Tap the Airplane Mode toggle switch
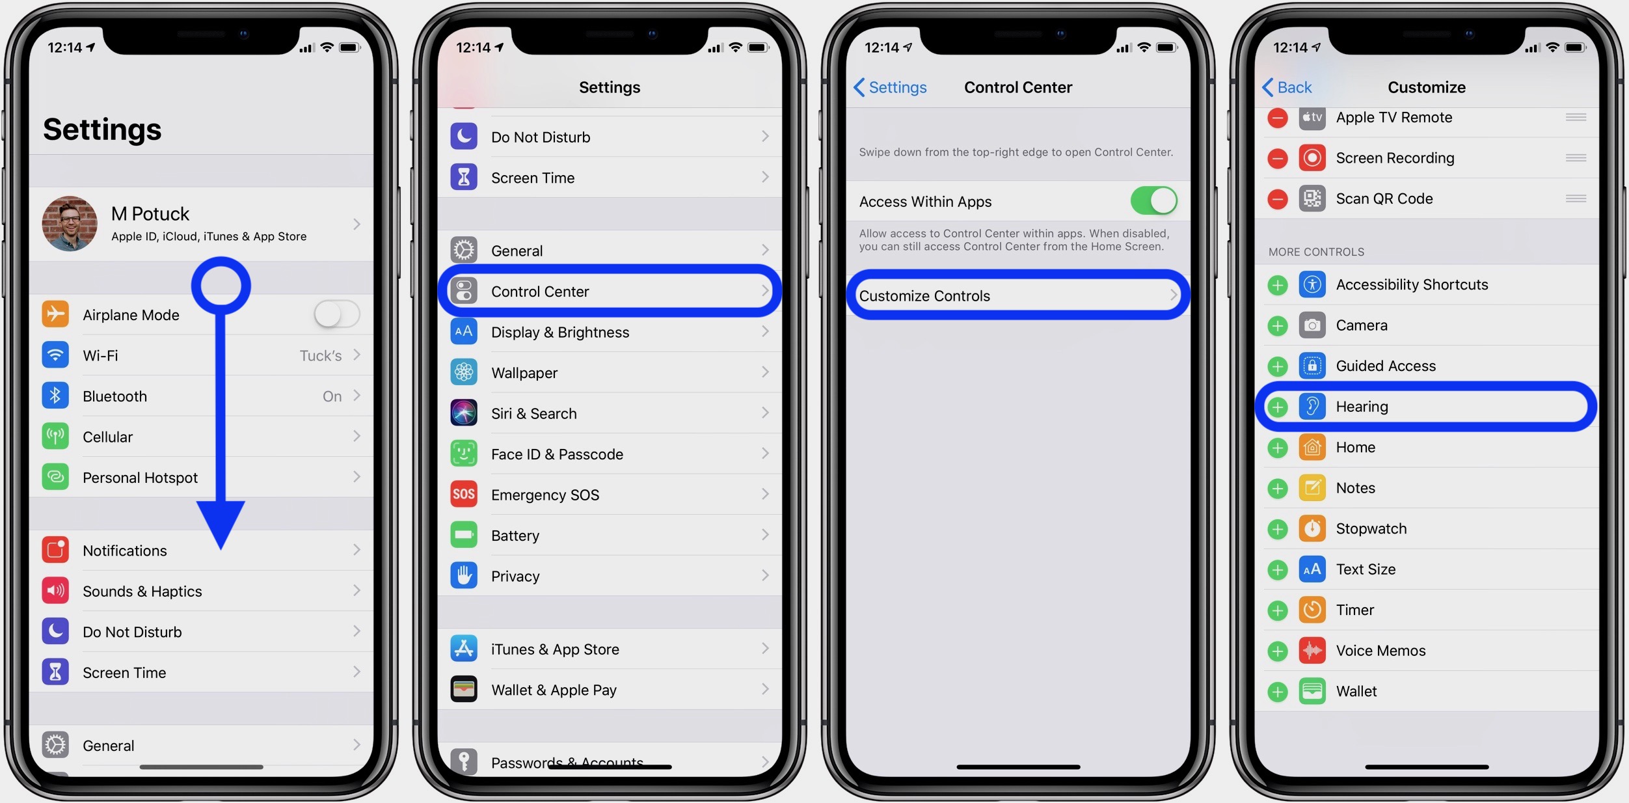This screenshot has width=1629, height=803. coord(336,315)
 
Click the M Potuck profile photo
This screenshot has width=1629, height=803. coord(70,223)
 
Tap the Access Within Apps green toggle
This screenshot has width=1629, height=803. coord(1153,200)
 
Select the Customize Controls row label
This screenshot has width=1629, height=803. coord(924,296)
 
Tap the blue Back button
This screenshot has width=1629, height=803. coord(1287,87)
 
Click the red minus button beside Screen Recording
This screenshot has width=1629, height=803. coord(1278,158)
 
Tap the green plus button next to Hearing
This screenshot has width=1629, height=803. coord(1278,407)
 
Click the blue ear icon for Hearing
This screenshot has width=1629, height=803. coord(1312,407)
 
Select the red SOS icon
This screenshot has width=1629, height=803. coord(464,495)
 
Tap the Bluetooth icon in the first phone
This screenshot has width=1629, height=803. coord(55,396)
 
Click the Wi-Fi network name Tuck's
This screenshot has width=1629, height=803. coord(320,356)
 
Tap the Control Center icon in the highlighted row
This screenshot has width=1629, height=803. coord(464,291)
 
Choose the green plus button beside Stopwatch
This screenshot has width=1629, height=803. coord(1278,529)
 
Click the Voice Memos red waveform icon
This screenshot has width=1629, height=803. coord(1312,651)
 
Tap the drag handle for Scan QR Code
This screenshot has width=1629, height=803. coord(1576,198)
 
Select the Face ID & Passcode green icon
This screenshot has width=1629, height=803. coord(464,454)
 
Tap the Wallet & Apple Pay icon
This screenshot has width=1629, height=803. coord(464,690)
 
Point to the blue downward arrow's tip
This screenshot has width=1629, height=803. coord(221,547)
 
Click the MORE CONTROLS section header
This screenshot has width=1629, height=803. coord(1316,252)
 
